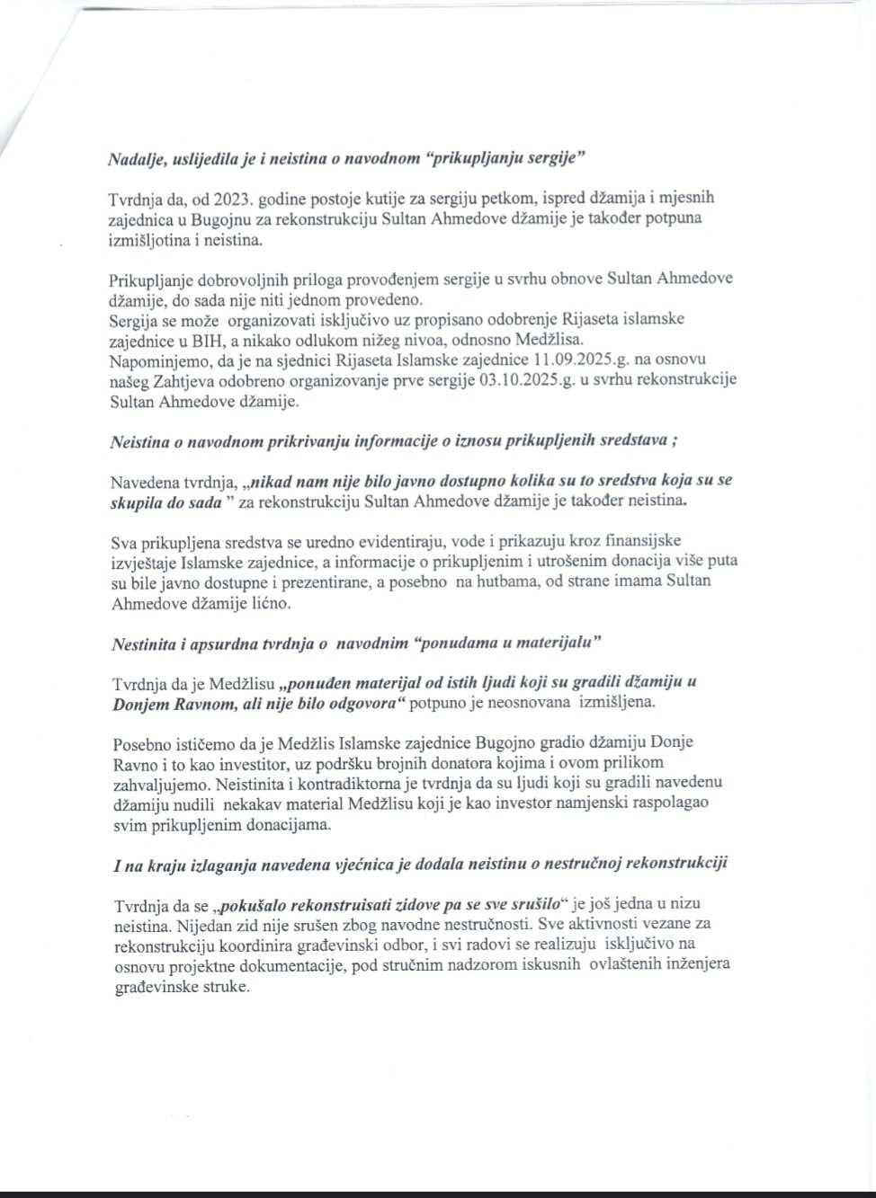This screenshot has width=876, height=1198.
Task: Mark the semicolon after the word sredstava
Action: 675,440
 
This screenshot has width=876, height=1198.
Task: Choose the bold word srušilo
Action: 530,904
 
